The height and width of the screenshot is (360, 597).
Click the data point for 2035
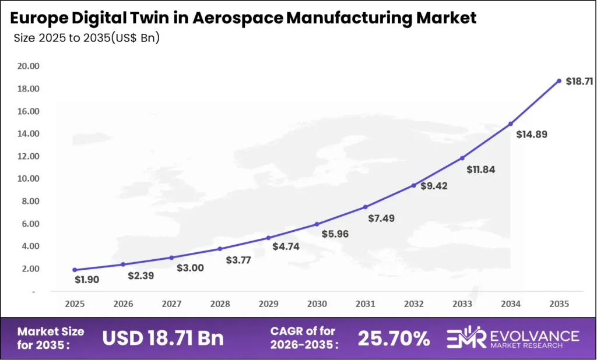pyautogui.click(x=559, y=81)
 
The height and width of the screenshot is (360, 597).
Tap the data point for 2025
pyautogui.click(x=75, y=270)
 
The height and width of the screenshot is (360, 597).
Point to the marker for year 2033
pyautogui.click(x=462, y=158)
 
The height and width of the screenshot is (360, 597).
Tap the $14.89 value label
pyautogui.click(x=532, y=135)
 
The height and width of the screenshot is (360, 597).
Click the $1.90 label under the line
pyautogui.click(x=87, y=280)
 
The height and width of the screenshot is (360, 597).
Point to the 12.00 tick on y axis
pyautogui.click(x=27, y=156)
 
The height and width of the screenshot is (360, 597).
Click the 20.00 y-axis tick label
pyautogui.click(x=27, y=66)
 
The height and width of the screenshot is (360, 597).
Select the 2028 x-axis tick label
pyautogui.click(x=220, y=303)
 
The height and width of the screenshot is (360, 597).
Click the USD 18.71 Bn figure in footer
pyautogui.click(x=163, y=338)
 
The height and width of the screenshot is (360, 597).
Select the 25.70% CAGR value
pyautogui.click(x=394, y=338)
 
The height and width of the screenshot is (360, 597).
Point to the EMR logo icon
pyautogui.click(x=465, y=338)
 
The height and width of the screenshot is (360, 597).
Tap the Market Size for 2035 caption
pyautogui.click(x=51, y=338)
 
